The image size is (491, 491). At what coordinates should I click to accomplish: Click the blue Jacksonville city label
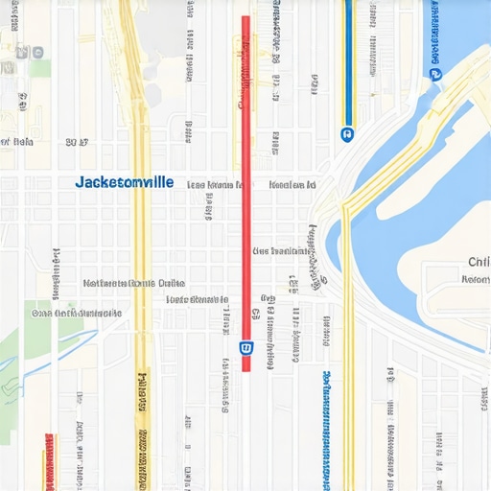pos(125,181)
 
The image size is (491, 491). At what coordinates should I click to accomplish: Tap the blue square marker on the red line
pos(245,347)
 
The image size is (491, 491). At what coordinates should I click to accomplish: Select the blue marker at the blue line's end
pos(346,134)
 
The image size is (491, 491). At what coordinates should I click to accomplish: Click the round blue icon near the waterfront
pos(436,73)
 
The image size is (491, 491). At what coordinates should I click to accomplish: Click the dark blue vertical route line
pos(348,58)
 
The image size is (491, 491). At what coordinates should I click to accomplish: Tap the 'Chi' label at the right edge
pos(478,262)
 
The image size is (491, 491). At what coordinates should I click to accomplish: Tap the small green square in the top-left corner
pos(39,68)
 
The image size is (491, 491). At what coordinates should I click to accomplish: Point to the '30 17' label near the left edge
pos(77,142)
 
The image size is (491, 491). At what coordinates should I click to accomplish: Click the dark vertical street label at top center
pos(276,29)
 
